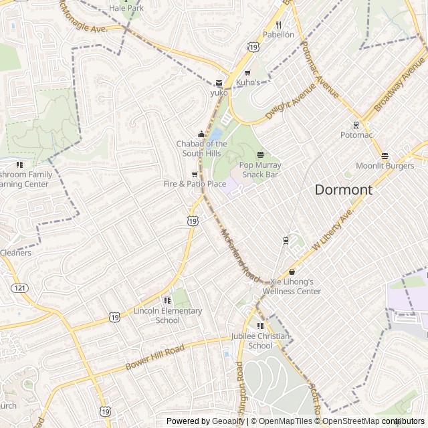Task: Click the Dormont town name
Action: pos(343,190)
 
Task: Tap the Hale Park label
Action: pos(126,8)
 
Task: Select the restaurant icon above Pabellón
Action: pos(278,25)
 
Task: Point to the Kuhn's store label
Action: pos(265,82)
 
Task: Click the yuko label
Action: pos(219,93)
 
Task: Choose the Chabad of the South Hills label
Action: pos(201,148)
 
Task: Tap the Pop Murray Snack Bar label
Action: pos(260,170)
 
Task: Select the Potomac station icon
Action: pos(356,125)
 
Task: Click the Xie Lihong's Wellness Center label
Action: pos(292,287)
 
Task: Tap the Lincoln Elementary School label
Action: pos(167,315)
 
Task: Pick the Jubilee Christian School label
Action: pos(251,341)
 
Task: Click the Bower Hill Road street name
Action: pos(154,358)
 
